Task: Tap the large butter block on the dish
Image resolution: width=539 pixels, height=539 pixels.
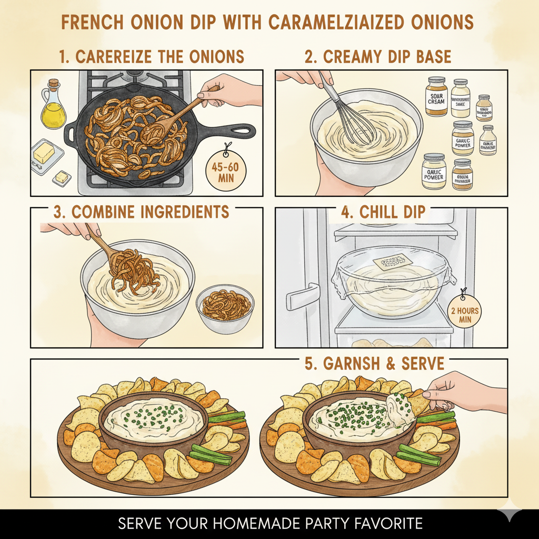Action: (45, 153)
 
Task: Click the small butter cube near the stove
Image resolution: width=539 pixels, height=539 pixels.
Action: (62, 177)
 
